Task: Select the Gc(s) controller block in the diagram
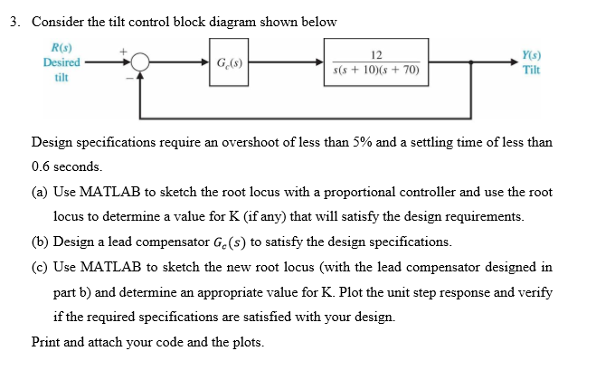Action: point(229,63)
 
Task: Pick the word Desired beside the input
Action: point(61,62)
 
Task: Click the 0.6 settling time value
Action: point(42,167)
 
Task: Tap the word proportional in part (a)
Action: point(346,193)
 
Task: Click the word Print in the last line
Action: point(46,342)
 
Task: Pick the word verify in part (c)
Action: point(534,293)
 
